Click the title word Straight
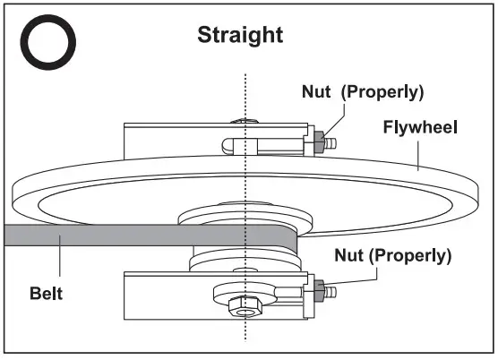239,35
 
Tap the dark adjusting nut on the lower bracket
318,289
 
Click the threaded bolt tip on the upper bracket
330,141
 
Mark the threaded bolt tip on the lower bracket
330,290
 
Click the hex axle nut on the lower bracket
241,306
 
